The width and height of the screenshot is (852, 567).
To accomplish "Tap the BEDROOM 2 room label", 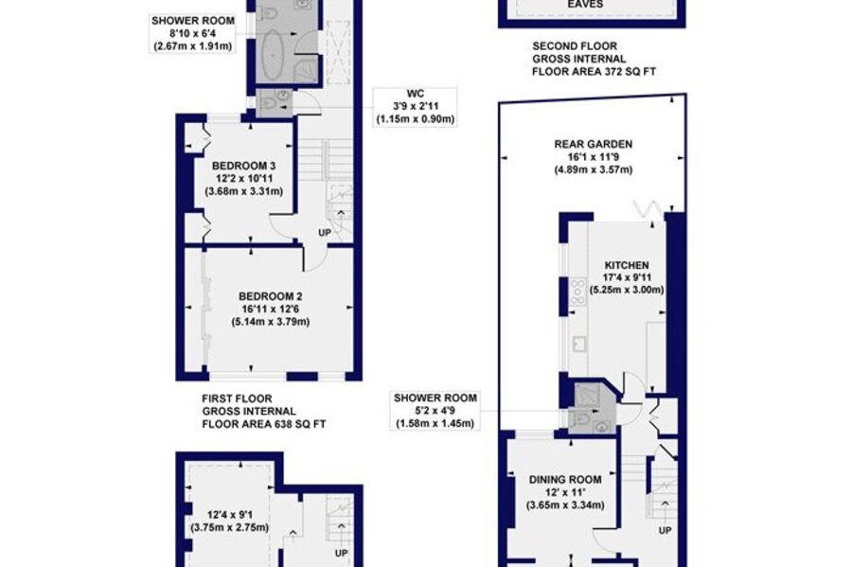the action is pos(271,296).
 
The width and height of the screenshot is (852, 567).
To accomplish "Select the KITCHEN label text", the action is pos(627,265).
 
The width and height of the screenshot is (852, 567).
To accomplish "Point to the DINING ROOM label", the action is pos(565,480).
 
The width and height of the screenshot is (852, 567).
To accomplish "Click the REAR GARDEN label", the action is pos(594,145).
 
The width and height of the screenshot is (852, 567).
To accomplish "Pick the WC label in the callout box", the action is pos(416,94).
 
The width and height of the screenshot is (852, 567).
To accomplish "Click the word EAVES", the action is pos(585,5).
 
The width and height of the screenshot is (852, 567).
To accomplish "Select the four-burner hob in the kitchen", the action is pos(577,292).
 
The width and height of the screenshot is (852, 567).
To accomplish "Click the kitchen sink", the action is pos(578,344).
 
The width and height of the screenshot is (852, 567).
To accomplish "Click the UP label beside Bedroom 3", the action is pos(325,233).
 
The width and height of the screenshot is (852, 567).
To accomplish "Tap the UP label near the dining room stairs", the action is pos(666,530).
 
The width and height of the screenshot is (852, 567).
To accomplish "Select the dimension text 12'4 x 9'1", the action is pos(230,514).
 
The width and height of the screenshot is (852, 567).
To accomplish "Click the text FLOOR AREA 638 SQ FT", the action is pos(264,424).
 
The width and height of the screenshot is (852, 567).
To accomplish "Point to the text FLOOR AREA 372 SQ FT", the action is pos(594,72).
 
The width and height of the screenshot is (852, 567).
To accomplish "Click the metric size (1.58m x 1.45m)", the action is pos(435,424).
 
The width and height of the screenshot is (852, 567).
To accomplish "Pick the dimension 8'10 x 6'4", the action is pos(192,34).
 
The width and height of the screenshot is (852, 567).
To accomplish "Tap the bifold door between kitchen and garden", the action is pos(648,208).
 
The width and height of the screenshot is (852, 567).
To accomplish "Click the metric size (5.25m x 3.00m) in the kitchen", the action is pos(627,290).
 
